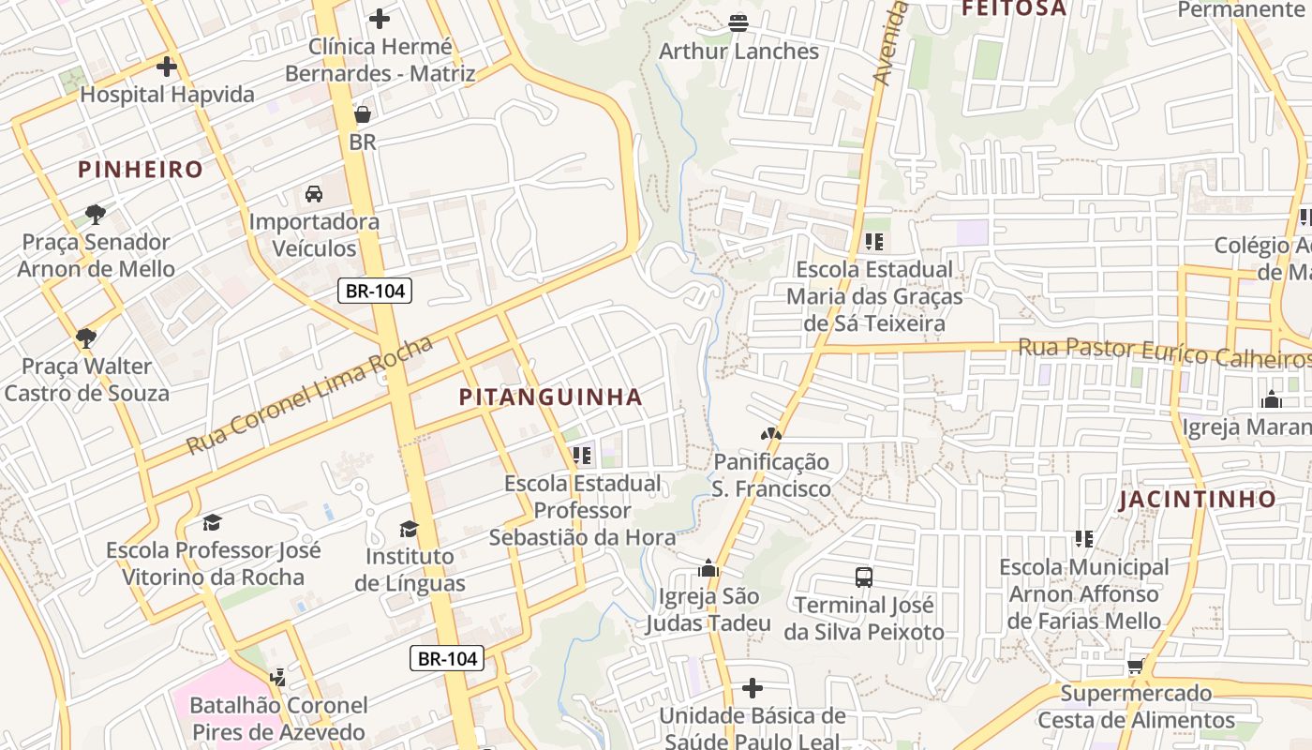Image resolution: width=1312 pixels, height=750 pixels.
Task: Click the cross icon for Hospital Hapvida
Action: [x=167, y=67]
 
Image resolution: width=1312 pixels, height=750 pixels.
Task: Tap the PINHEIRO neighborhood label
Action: [x=141, y=170]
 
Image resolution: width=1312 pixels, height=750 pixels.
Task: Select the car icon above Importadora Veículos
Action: [x=314, y=194]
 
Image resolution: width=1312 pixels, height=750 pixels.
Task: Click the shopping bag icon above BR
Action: [x=363, y=114]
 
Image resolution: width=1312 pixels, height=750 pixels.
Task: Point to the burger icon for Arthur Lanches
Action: [x=738, y=22]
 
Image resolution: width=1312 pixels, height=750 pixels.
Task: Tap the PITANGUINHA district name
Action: [x=551, y=397]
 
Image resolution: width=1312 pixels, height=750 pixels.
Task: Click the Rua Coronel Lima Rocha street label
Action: [x=309, y=395]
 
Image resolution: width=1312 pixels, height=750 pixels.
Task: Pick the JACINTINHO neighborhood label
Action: [x=1198, y=499]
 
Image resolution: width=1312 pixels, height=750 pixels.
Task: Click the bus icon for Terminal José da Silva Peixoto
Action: [x=864, y=577]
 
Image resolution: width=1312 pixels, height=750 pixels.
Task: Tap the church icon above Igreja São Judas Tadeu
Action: [x=708, y=568]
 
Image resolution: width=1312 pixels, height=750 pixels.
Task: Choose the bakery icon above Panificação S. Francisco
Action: [x=770, y=434]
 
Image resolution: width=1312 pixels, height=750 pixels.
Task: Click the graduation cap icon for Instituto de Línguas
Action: [x=409, y=529]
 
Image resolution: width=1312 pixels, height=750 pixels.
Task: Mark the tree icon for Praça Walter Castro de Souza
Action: [x=86, y=337]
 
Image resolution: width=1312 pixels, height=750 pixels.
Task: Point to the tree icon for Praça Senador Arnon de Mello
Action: [x=96, y=214]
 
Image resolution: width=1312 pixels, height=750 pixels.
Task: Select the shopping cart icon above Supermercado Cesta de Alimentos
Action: [x=1136, y=666]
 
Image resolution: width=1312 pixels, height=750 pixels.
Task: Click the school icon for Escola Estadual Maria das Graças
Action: [x=874, y=242]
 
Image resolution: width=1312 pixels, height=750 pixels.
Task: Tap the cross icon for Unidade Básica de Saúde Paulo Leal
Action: [x=752, y=689]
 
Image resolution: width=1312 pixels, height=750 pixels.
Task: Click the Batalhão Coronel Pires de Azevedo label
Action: [x=278, y=718]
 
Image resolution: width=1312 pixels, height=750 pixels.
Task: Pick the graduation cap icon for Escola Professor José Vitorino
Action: [x=213, y=522]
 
